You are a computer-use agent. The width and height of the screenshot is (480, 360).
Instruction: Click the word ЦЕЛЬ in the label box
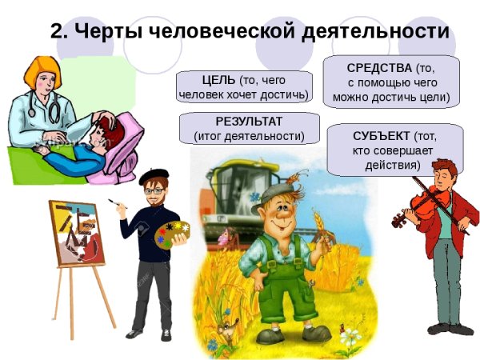[x=219, y=80]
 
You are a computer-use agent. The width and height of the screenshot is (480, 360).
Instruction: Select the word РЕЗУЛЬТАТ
[x=249, y=121]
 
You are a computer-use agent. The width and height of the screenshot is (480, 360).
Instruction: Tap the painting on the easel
[x=77, y=233]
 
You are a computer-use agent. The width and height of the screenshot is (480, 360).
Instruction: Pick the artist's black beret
[x=154, y=174]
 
